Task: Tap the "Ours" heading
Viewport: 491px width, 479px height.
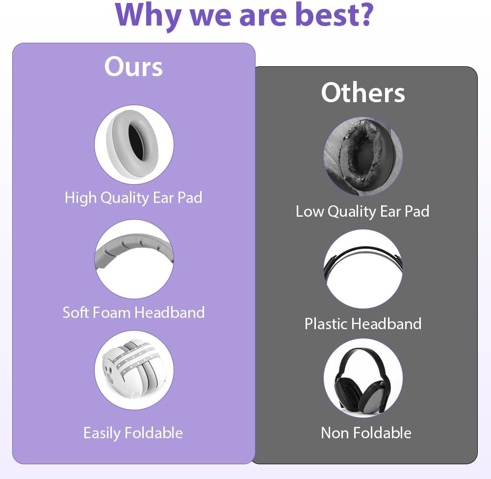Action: point(134,66)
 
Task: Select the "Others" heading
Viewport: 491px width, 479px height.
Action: point(363,92)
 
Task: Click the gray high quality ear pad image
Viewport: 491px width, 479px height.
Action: point(134,144)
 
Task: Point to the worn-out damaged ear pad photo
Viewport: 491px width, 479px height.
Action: point(363,157)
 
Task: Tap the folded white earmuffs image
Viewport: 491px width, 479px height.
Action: point(134,370)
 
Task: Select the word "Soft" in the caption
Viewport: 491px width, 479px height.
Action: point(76,312)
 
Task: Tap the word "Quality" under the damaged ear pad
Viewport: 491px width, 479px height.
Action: point(352,212)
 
